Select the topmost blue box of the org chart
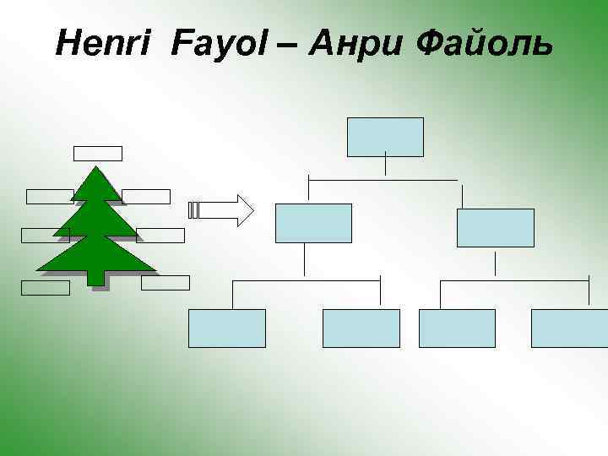pyautogui.click(x=385, y=137)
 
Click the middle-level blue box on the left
pyautogui.click(x=313, y=223)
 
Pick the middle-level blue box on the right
pyautogui.click(x=495, y=227)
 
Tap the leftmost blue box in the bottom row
pyautogui.click(x=226, y=328)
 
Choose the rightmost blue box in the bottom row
pyautogui.click(x=569, y=328)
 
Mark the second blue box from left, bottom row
pyautogui.click(x=361, y=328)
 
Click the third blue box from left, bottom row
pyautogui.click(x=457, y=328)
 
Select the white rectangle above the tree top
pyautogui.click(x=98, y=153)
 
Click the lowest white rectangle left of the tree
pyautogui.click(x=46, y=287)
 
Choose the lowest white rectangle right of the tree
pyautogui.click(x=166, y=282)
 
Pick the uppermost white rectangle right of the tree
pyautogui.click(x=146, y=196)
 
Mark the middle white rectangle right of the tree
pyautogui.click(x=160, y=235)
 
